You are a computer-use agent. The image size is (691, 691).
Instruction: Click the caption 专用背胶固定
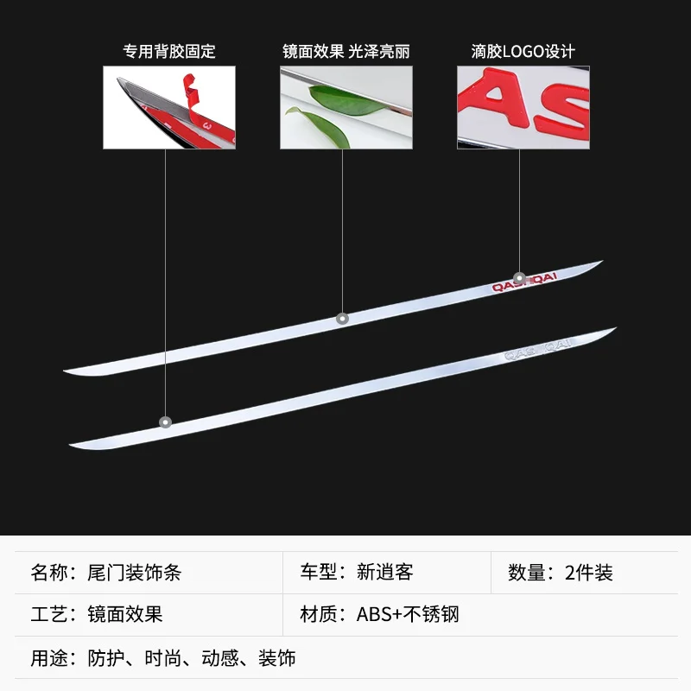[168, 51]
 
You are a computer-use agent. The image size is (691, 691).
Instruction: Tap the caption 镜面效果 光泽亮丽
[345, 51]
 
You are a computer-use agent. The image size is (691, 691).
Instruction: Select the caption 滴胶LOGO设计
[523, 51]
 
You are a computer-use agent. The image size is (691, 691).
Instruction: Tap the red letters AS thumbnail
[523, 108]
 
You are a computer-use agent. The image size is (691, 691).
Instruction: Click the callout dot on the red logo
[519, 278]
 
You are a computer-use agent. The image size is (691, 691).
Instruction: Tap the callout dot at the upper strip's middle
[342, 318]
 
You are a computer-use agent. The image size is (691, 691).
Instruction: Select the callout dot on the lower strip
[165, 422]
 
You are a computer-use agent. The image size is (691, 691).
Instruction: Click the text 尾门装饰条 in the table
[135, 573]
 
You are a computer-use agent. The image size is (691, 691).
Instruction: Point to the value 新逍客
[385, 573]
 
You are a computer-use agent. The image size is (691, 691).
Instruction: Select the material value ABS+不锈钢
[408, 615]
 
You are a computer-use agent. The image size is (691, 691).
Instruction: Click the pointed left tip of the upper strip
[67, 371]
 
